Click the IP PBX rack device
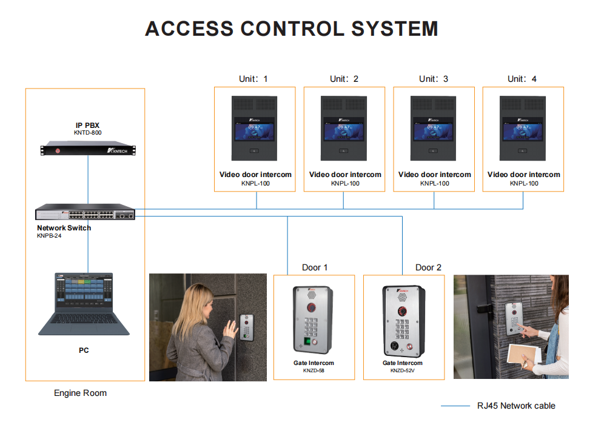click(x=87, y=149)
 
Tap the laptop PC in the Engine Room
click(x=84, y=304)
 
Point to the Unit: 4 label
click(x=522, y=79)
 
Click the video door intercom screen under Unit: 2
click(x=344, y=131)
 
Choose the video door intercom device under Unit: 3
click(x=434, y=126)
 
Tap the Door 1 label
click(x=315, y=267)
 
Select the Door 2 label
click(x=428, y=267)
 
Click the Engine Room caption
click(x=80, y=393)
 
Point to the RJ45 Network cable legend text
click(x=516, y=406)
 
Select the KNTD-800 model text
click(x=87, y=132)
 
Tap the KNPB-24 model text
click(x=49, y=236)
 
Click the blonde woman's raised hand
click(x=230, y=329)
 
